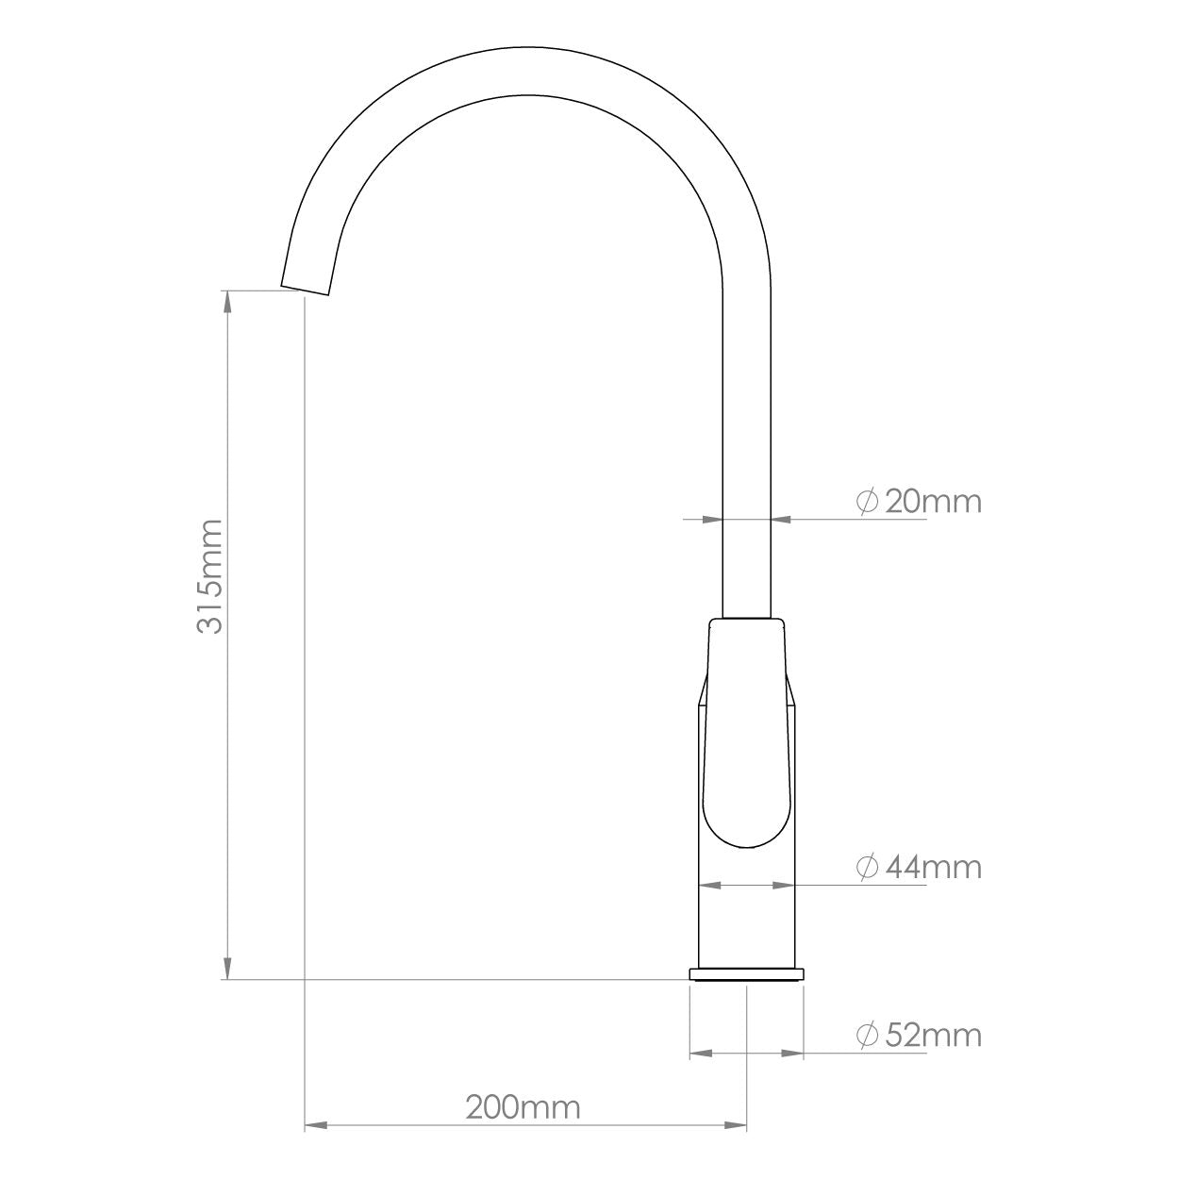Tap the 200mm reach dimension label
click(523, 1105)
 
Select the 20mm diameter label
click(933, 501)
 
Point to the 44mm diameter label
click(933, 866)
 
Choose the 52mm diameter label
click(933, 1035)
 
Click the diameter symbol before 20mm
click(868, 501)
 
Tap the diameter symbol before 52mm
click(868, 1035)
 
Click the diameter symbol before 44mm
click(868, 866)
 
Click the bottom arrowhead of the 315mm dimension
click(226, 968)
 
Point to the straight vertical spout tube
click(746, 424)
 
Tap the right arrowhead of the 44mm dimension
click(783, 885)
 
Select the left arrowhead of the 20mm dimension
click(711, 518)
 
